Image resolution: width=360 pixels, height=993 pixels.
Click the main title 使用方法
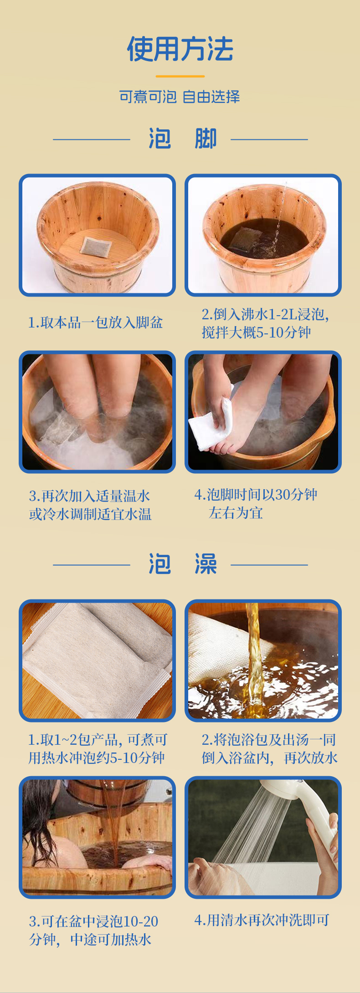pos(180,49)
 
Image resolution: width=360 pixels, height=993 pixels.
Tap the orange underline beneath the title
pos(180,76)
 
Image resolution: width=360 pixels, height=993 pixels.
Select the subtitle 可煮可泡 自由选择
pos(180,97)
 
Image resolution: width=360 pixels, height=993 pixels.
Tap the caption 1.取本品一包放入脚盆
pos(95,322)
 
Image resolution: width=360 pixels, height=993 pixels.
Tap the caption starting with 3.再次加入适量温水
pos(90,505)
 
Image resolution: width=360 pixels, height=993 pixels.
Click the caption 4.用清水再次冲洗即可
pos(262,920)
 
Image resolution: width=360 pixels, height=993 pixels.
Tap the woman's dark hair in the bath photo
pos(39,815)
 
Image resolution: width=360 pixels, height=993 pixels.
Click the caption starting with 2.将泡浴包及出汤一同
pos(269,749)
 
